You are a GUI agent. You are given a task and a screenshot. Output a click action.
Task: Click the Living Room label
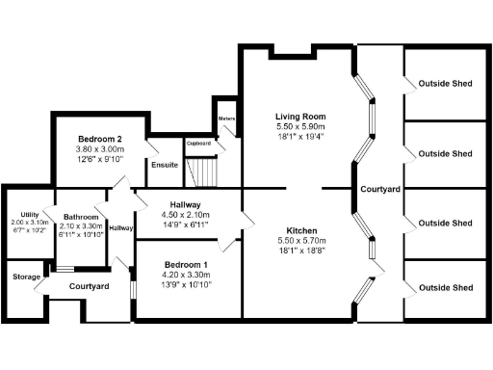pyautogui.click(x=299, y=116)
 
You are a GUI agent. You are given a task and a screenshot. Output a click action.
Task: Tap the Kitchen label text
pyautogui.click(x=299, y=229)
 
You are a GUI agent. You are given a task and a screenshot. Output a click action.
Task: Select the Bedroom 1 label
pyautogui.click(x=187, y=264)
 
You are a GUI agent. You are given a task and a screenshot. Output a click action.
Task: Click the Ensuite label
pyautogui.click(x=164, y=165)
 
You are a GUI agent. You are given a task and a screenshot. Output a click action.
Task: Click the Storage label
pyautogui.click(x=27, y=277)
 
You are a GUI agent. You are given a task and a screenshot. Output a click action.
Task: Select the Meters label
pyautogui.click(x=227, y=119)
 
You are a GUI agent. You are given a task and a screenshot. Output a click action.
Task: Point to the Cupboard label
pyautogui.click(x=198, y=144)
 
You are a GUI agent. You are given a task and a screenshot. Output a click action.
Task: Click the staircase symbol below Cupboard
pyautogui.click(x=204, y=173)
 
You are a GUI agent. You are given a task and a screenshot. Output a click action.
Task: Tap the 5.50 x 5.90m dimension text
pyautogui.click(x=299, y=126)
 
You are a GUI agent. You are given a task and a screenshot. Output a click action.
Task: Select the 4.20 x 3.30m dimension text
pyautogui.click(x=187, y=275)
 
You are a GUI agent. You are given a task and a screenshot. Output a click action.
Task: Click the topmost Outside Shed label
pyautogui.click(x=445, y=84)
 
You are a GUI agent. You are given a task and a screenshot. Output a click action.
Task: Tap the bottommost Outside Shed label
pyautogui.click(x=445, y=287)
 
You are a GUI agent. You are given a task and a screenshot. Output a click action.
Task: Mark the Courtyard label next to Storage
pyautogui.click(x=89, y=287)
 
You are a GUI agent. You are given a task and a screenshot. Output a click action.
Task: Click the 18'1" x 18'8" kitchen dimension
pyautogui.click(x=299, y=251)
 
